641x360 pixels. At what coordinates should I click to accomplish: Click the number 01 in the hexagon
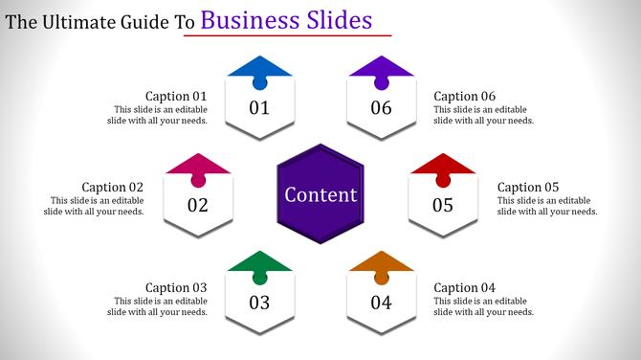(259, 107)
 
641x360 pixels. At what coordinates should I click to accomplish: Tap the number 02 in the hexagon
(198, 205)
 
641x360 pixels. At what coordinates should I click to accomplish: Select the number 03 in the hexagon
(259, 304)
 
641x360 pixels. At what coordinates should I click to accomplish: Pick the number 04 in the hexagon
(381, 304)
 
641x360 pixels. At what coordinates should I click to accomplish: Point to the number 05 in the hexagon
(442, 205)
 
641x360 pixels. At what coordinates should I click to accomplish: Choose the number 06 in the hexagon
(381, 107)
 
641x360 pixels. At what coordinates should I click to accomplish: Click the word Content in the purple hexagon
(320, 194)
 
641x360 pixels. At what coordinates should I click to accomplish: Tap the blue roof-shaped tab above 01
(259, 68)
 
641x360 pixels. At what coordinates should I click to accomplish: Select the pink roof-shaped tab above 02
(198, 165)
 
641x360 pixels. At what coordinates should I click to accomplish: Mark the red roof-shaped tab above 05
(442, 165)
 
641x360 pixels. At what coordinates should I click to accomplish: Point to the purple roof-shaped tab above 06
(381, 68)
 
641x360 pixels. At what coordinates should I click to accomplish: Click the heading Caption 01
(176, 96)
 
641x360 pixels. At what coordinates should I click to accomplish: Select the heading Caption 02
(112, 187)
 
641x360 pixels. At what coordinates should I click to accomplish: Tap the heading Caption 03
(176, 287)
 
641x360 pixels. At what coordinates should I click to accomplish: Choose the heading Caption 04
(464, 287)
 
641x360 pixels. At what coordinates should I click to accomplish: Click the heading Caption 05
(528, 187)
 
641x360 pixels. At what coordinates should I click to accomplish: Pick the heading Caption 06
(464, 96)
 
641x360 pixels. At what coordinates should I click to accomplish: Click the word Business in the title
(244, 20)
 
